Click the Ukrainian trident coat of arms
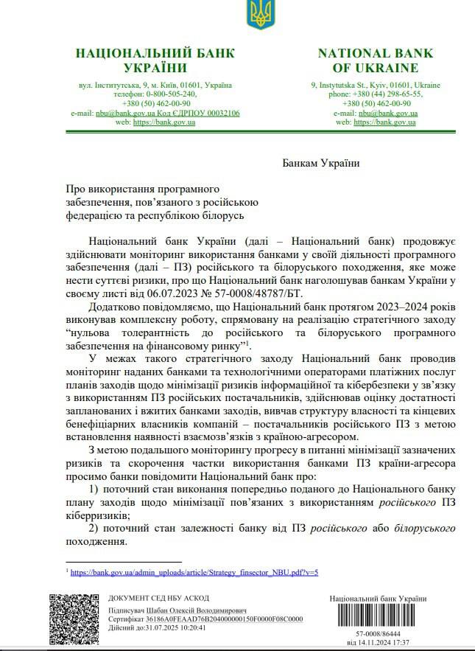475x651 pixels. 258,15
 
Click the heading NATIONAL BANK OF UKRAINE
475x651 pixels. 375,60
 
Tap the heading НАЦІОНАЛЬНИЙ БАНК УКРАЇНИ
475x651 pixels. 155,60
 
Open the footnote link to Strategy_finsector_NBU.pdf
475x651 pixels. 194,571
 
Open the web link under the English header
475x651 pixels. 384,122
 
